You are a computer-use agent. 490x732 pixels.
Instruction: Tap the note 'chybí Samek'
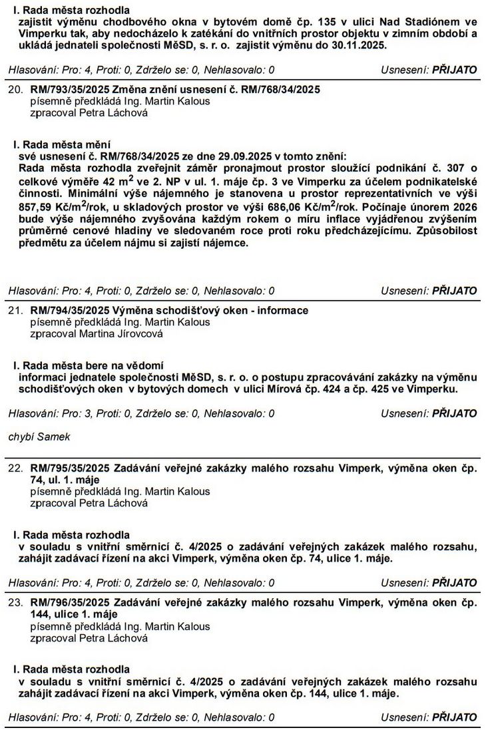click(39, 437)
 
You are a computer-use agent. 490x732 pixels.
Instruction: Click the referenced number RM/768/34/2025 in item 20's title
click(280, 89)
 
